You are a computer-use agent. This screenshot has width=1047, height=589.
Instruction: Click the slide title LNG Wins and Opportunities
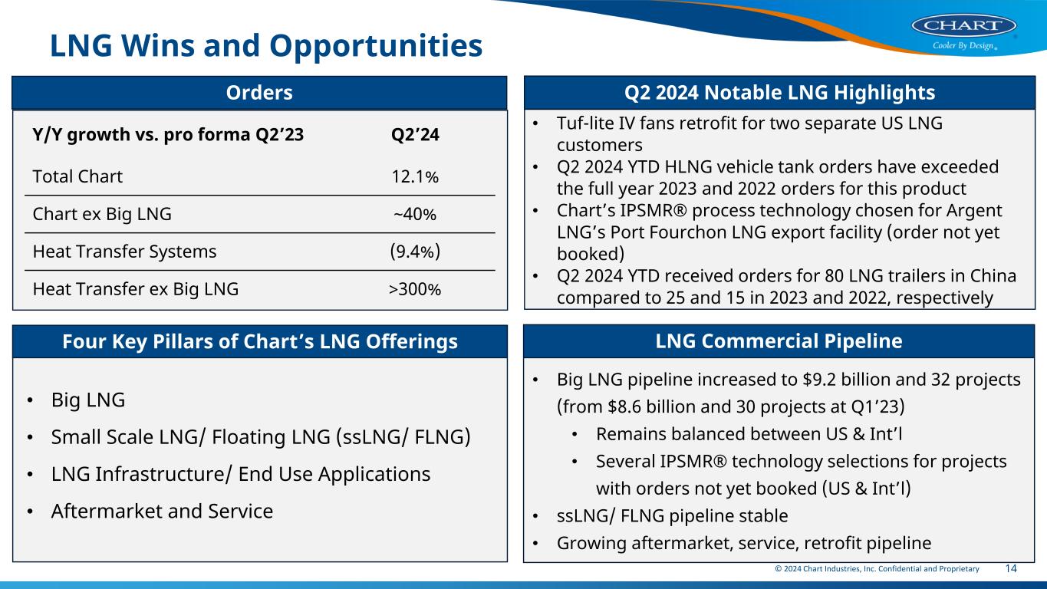coord(266,47)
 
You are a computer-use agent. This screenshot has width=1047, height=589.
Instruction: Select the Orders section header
coord(259,93)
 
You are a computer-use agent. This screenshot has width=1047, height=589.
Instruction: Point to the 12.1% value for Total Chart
coord(415,176)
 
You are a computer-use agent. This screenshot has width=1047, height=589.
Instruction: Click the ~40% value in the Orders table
coord(415,214)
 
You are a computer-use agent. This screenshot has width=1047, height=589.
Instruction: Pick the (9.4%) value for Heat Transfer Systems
coord(415,251)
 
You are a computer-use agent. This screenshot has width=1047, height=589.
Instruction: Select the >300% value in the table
coord(415,288)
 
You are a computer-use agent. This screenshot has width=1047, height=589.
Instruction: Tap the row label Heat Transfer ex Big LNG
coord(136,288)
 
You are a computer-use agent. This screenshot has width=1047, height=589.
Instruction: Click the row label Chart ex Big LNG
coord(102,214)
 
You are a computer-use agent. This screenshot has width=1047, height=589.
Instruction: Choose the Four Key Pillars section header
coord(259,341)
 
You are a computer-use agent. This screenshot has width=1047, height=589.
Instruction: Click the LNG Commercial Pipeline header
coord(779,341)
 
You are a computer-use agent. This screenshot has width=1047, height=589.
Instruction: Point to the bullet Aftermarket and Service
coord(162,511)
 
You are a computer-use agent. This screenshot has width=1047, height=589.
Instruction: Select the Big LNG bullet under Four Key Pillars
coord(87,400)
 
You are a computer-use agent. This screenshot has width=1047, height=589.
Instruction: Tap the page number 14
coord(1011,568)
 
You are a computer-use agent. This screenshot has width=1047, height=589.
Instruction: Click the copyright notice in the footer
coord(876,569)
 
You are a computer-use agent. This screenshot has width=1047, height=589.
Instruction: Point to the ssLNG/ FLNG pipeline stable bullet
coord(672,515)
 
